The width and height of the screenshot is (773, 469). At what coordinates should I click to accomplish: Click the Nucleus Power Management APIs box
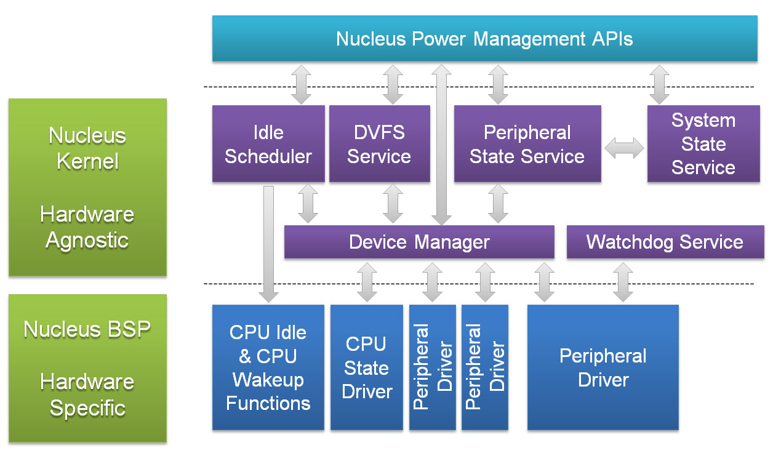pos(484,39)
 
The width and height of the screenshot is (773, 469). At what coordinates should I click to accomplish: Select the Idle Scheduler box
pos(268,144)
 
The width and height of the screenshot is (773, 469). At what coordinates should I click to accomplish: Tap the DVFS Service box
pos(379,144)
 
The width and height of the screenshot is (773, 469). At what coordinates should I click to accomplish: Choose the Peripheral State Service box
pos(527,144)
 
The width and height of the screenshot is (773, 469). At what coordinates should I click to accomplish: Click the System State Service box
pos(703,144)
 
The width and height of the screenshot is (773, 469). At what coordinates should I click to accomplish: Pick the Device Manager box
pos(419,242)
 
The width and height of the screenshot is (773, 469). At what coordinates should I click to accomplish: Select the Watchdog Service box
pos(665,242)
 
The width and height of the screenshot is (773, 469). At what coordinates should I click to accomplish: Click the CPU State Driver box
pos(367,367)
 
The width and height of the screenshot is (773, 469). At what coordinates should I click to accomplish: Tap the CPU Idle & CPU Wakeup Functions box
pos(268,367)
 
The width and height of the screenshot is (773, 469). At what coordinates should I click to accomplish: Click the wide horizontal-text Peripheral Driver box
pos(603,367)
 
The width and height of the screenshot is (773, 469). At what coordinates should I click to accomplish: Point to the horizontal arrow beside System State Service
pos(624,148)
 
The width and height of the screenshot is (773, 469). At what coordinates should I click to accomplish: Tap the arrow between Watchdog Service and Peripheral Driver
pos(623,282)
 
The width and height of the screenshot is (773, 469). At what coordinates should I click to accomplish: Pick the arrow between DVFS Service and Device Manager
pos(393,204)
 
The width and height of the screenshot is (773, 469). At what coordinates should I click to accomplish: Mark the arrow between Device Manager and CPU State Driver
pos(367,282)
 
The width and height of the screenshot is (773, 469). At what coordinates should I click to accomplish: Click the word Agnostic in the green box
pos(87,240)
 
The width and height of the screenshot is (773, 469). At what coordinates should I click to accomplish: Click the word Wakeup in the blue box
pos(268,380)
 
